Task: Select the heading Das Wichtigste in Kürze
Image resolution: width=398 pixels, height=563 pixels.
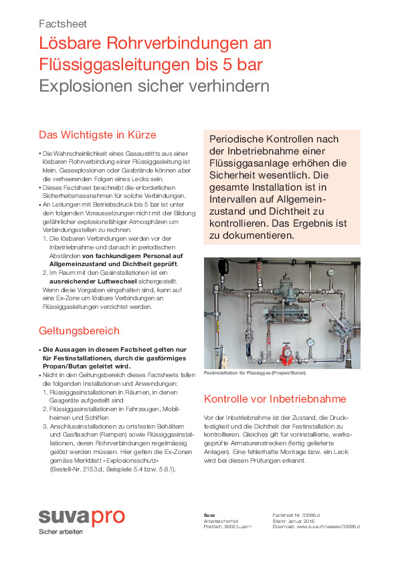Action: pos(97,134)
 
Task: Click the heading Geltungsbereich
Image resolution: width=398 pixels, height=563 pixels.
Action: pos(79,330)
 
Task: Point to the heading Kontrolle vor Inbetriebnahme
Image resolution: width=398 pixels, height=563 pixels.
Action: pos(274,399)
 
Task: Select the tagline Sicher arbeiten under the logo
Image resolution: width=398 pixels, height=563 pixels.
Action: pos(60,532)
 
